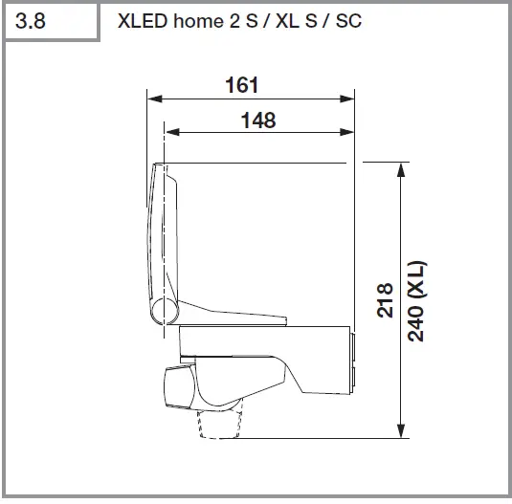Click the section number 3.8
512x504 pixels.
click(33, 21)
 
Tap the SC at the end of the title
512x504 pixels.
click(349, 21)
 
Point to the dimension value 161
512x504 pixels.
click(242, 84)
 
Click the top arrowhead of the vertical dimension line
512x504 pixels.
click(399, 168)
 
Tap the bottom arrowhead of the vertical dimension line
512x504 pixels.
click(399, 431)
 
